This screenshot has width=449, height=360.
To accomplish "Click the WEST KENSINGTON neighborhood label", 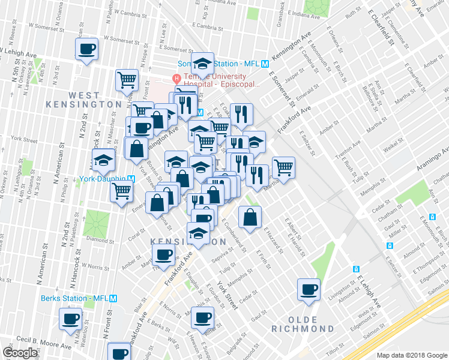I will (x=83, y=100).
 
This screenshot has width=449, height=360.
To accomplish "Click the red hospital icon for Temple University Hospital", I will (x=176, y=77).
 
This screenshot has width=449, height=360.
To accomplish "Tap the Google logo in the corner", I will (x=19, y=353).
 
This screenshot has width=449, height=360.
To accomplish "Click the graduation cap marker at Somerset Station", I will (x=203, y=63).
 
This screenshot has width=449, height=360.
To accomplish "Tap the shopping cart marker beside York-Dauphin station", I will (x=122, y=192).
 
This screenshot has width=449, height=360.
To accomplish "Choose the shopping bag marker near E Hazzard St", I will (x=250, y=217).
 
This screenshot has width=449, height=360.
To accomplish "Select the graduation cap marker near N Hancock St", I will (x=104, y=160).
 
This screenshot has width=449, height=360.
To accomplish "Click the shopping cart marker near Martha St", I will (x=283, y=167).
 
